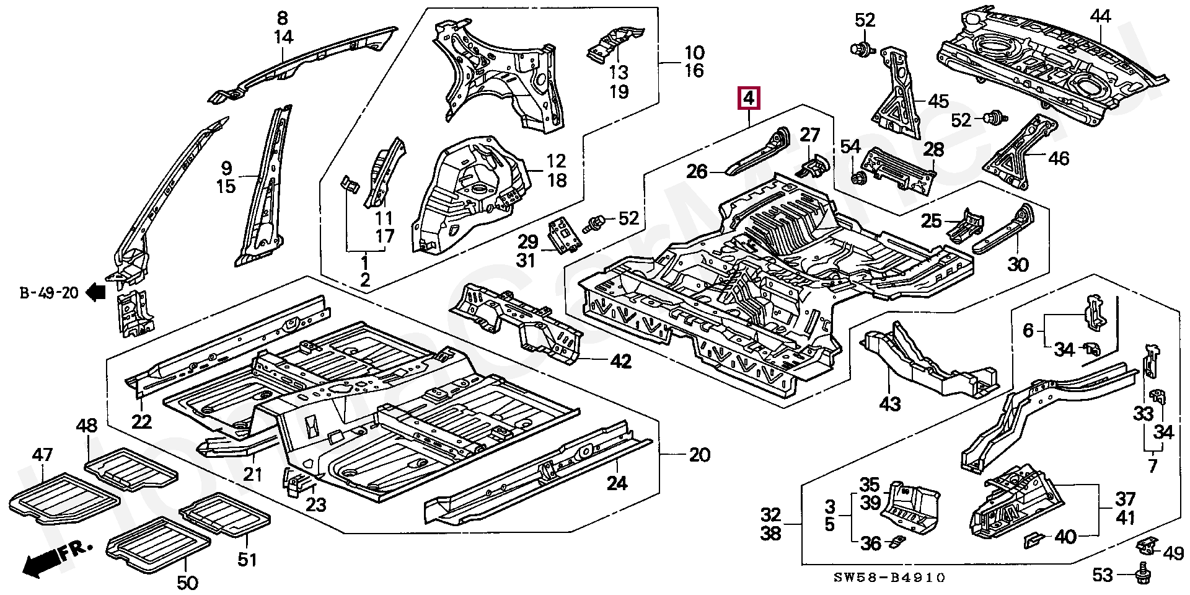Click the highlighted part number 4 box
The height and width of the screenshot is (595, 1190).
749,98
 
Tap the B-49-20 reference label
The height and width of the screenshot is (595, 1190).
49,292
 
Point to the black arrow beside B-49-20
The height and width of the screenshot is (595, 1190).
96,292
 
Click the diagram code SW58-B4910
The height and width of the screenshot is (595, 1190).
889,578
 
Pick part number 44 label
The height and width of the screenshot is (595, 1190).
1100,17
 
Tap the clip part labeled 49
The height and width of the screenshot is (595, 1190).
1147,546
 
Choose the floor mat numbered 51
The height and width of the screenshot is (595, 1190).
224,514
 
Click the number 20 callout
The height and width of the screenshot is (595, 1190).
699,455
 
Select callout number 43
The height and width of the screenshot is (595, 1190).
890,404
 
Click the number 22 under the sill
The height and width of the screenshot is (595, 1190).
141,422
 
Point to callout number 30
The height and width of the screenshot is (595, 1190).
1018,265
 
